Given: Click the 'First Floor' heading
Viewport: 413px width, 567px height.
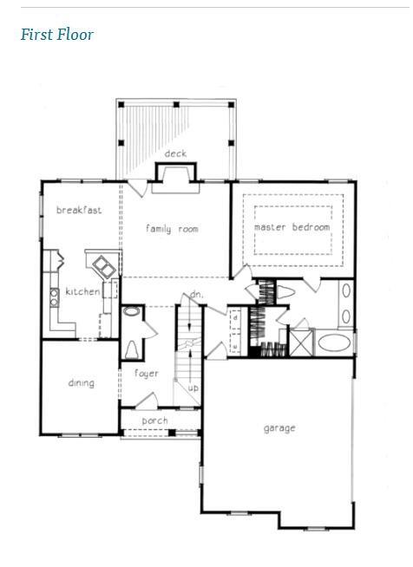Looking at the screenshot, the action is [x=57, y=35].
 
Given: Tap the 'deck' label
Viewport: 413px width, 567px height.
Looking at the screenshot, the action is [x=175, y=153].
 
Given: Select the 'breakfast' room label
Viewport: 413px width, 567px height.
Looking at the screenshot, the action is [x=79, y=210].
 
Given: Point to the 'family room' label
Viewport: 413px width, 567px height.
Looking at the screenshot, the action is [x=172, y=229].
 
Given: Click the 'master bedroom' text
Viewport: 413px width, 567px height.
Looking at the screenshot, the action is [x=292, y=227].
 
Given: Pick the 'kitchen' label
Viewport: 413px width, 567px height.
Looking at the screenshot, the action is [x=82, y=291].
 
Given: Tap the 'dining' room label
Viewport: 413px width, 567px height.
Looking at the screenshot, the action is [x=82, y=383].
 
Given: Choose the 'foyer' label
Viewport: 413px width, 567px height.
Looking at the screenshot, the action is [x=147, y=373].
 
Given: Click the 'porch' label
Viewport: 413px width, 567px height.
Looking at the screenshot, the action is [x=155, y=420].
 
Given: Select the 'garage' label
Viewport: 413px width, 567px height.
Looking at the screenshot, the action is [x=279, y=428].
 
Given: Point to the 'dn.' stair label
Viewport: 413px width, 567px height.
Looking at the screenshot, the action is [x=197, y=295].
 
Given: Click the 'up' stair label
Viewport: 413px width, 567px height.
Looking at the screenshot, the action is [x=193, y=388].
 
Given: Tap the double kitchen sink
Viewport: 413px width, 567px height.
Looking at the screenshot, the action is [x=104, y=267].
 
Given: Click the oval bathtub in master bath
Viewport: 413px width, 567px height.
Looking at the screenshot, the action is [x=334, y=342].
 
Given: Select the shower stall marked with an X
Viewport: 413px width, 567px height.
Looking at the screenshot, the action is [x=301, y=342].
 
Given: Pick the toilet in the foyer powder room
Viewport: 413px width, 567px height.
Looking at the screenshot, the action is [x=131, y=349].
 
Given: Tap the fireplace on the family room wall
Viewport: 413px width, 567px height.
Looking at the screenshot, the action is [x=176, y=178].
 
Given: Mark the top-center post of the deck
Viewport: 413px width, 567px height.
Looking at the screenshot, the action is [x=176, y=105].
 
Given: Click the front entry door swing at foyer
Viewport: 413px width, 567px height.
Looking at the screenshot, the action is [x=147, y=400].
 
